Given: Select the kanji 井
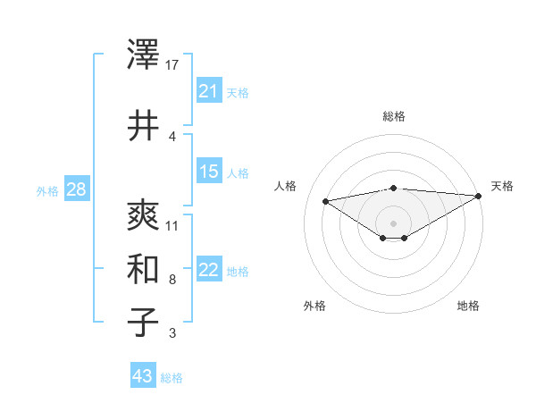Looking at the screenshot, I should pyautogui.click(x=143, y=126).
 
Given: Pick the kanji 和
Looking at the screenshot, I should pyautogui.click(x=143, y=269).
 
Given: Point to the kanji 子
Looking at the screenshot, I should pyautogui.click(x=143, y=323).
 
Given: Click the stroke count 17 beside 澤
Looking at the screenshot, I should pyautogui.click(x=173, y=64).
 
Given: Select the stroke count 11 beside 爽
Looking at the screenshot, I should pyautogui.click(x=173, y=225).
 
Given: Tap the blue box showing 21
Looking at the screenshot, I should pyautogui.click(x=208, y=91).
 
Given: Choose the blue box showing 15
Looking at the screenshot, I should pyautogui.click(x=208, y=172).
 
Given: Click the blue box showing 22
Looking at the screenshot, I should pyautogui.click(x=208, y=271).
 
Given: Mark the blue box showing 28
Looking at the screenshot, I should pyautogui.click(x=76, y=189).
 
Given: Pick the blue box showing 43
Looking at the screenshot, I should pyautogui.click(x=142, y=376).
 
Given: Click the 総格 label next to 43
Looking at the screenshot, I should pyautogui.click(x=172, y=378).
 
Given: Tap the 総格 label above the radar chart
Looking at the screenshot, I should pyautogui.click(x=393, y=116).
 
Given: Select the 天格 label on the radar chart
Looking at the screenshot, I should pyautogui.click(x=502, y=186).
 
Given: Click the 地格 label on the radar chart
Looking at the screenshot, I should pyautogui.click(x=468, y=306).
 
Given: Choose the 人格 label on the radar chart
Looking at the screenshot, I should pyautogui.click(x=286, y=186).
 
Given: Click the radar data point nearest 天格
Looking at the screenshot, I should pyautogui.click(x=480, y=196).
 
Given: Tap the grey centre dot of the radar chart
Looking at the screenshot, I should pyautogui.click(x=393, y=223).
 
